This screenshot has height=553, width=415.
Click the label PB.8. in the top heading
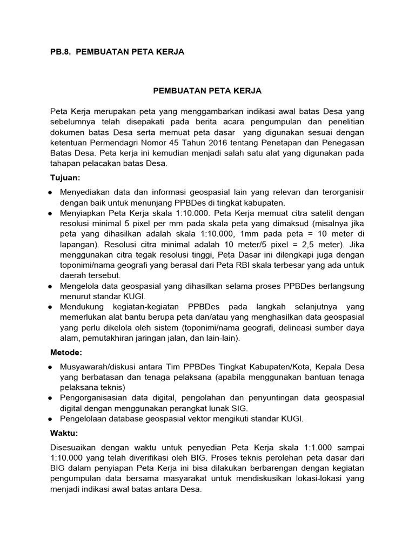coord(60,52)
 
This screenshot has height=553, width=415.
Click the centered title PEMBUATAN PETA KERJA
coord(207,92)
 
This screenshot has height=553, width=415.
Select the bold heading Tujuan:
coord(64,178)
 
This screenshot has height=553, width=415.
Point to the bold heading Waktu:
coord(63,433)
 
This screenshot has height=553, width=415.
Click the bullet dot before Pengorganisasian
coord(50,398)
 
